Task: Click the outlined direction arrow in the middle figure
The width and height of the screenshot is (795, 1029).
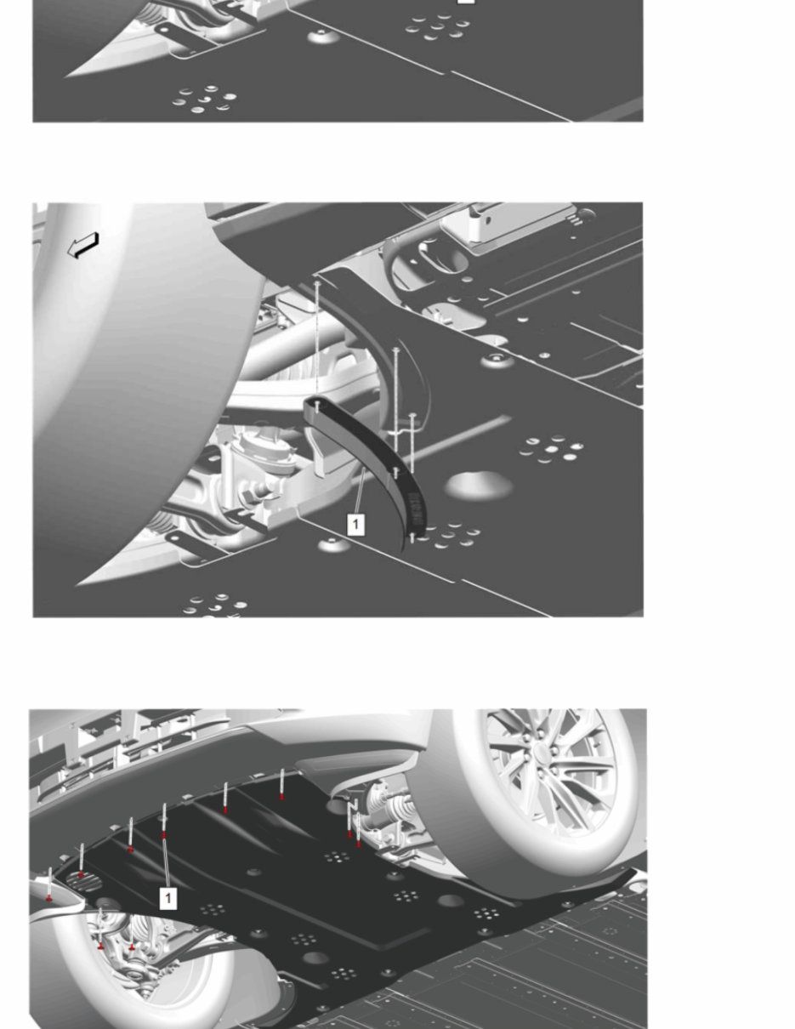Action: pyautogui.click(x=84, y=246)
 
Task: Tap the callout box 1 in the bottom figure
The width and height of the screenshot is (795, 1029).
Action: pyautogui.click(x=168, y=898)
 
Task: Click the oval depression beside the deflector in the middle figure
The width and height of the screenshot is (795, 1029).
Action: pyautogui.click(x=479, y=486)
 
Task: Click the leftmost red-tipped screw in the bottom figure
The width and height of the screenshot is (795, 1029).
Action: pyautogui.click(x=50, y=897)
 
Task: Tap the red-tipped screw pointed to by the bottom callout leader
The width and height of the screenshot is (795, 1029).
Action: pyautogui.click(x=164, y=834)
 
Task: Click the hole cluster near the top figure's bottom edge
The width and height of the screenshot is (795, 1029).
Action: pyautogui.click(x=204, y=99)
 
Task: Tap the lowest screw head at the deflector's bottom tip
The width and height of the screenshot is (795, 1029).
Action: pyautogui.click(x=412, y=537)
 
